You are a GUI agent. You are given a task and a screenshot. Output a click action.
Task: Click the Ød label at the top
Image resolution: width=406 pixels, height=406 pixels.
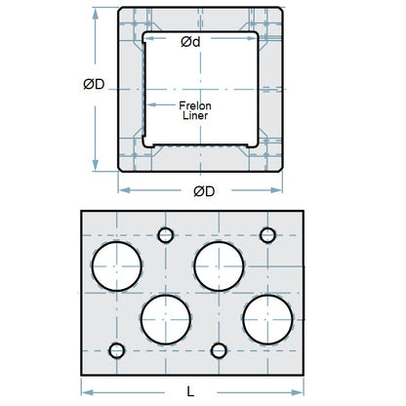tap(191, 42)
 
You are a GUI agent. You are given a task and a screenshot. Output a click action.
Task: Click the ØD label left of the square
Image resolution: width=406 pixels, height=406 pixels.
tap(95, 84)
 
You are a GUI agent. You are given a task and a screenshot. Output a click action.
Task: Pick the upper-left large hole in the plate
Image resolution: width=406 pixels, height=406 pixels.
tap(118, 265)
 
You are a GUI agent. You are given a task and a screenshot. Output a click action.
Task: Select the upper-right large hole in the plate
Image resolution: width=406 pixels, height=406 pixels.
tap(218, 265)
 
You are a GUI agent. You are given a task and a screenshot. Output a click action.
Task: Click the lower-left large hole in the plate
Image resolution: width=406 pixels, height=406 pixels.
tap(165, 317)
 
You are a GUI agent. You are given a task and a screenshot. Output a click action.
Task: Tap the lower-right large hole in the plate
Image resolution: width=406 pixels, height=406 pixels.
tap(267, 317)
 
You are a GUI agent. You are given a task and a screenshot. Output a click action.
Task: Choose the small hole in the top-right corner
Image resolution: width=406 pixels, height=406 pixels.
tap(267, 234)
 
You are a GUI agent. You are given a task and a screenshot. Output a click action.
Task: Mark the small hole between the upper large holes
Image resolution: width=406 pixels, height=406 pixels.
tap(165, 234)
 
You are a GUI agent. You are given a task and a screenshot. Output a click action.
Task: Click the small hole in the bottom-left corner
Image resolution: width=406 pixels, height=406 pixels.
tap(118, 350)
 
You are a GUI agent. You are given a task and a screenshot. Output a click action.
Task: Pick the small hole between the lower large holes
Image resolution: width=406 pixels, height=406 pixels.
tap(219, 350)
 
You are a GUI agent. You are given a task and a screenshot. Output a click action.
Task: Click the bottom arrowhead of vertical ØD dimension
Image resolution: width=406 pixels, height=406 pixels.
tap(95, 167)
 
